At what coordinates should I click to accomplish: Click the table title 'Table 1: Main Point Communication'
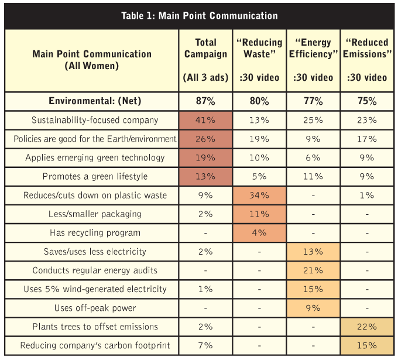coord(200,16)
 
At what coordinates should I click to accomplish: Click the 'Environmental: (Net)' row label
coord(92,101)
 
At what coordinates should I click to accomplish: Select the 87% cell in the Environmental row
coord(205,101)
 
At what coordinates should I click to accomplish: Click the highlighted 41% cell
coord(205,120)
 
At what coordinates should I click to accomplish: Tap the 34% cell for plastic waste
coord(259,195)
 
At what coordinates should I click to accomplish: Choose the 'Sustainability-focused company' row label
coord(92,120)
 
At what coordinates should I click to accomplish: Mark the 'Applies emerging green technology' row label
coord(92,157)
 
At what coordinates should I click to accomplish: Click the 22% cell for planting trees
coord(367,327)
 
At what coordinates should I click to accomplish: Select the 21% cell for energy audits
coord(313,270)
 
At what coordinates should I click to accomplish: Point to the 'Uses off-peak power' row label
coord(92,308)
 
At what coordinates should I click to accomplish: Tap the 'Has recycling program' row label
coord(92,233)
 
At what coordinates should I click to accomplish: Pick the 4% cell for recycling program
coord(259,233)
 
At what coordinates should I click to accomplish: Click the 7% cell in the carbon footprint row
coord(205,345)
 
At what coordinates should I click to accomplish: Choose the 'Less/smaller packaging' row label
coord(92,214)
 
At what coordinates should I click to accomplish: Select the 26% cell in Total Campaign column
coord(205,139)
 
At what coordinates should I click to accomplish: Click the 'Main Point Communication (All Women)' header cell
coord(92,60)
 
